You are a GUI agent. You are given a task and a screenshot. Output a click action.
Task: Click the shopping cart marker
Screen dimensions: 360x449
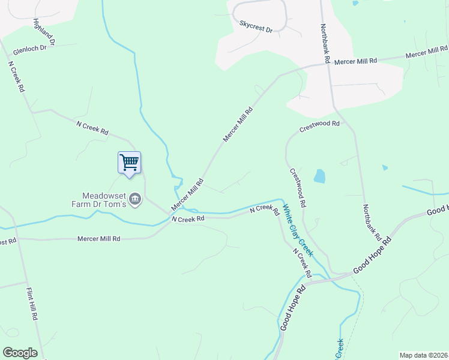129,162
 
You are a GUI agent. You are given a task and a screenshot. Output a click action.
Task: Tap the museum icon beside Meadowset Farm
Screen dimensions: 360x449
135,199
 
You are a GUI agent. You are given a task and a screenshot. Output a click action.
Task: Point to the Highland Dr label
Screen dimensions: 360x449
44,32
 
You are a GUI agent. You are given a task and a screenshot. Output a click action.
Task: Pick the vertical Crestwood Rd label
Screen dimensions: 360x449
298,187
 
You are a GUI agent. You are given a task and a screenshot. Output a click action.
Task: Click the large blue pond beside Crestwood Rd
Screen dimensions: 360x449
319,176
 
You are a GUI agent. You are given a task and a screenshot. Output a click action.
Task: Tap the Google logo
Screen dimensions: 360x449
20,353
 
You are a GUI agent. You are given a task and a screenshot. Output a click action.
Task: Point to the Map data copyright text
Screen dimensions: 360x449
424,355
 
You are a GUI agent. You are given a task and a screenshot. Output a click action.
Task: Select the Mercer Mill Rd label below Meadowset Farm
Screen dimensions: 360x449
99,239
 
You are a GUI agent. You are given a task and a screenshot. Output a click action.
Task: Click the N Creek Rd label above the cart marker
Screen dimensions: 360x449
92,127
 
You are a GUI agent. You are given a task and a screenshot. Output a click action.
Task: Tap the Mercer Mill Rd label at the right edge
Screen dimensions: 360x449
426,53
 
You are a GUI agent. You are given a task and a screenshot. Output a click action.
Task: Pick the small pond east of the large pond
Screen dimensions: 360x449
385,167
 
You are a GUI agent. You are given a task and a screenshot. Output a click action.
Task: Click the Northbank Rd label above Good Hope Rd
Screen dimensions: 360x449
372,222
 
